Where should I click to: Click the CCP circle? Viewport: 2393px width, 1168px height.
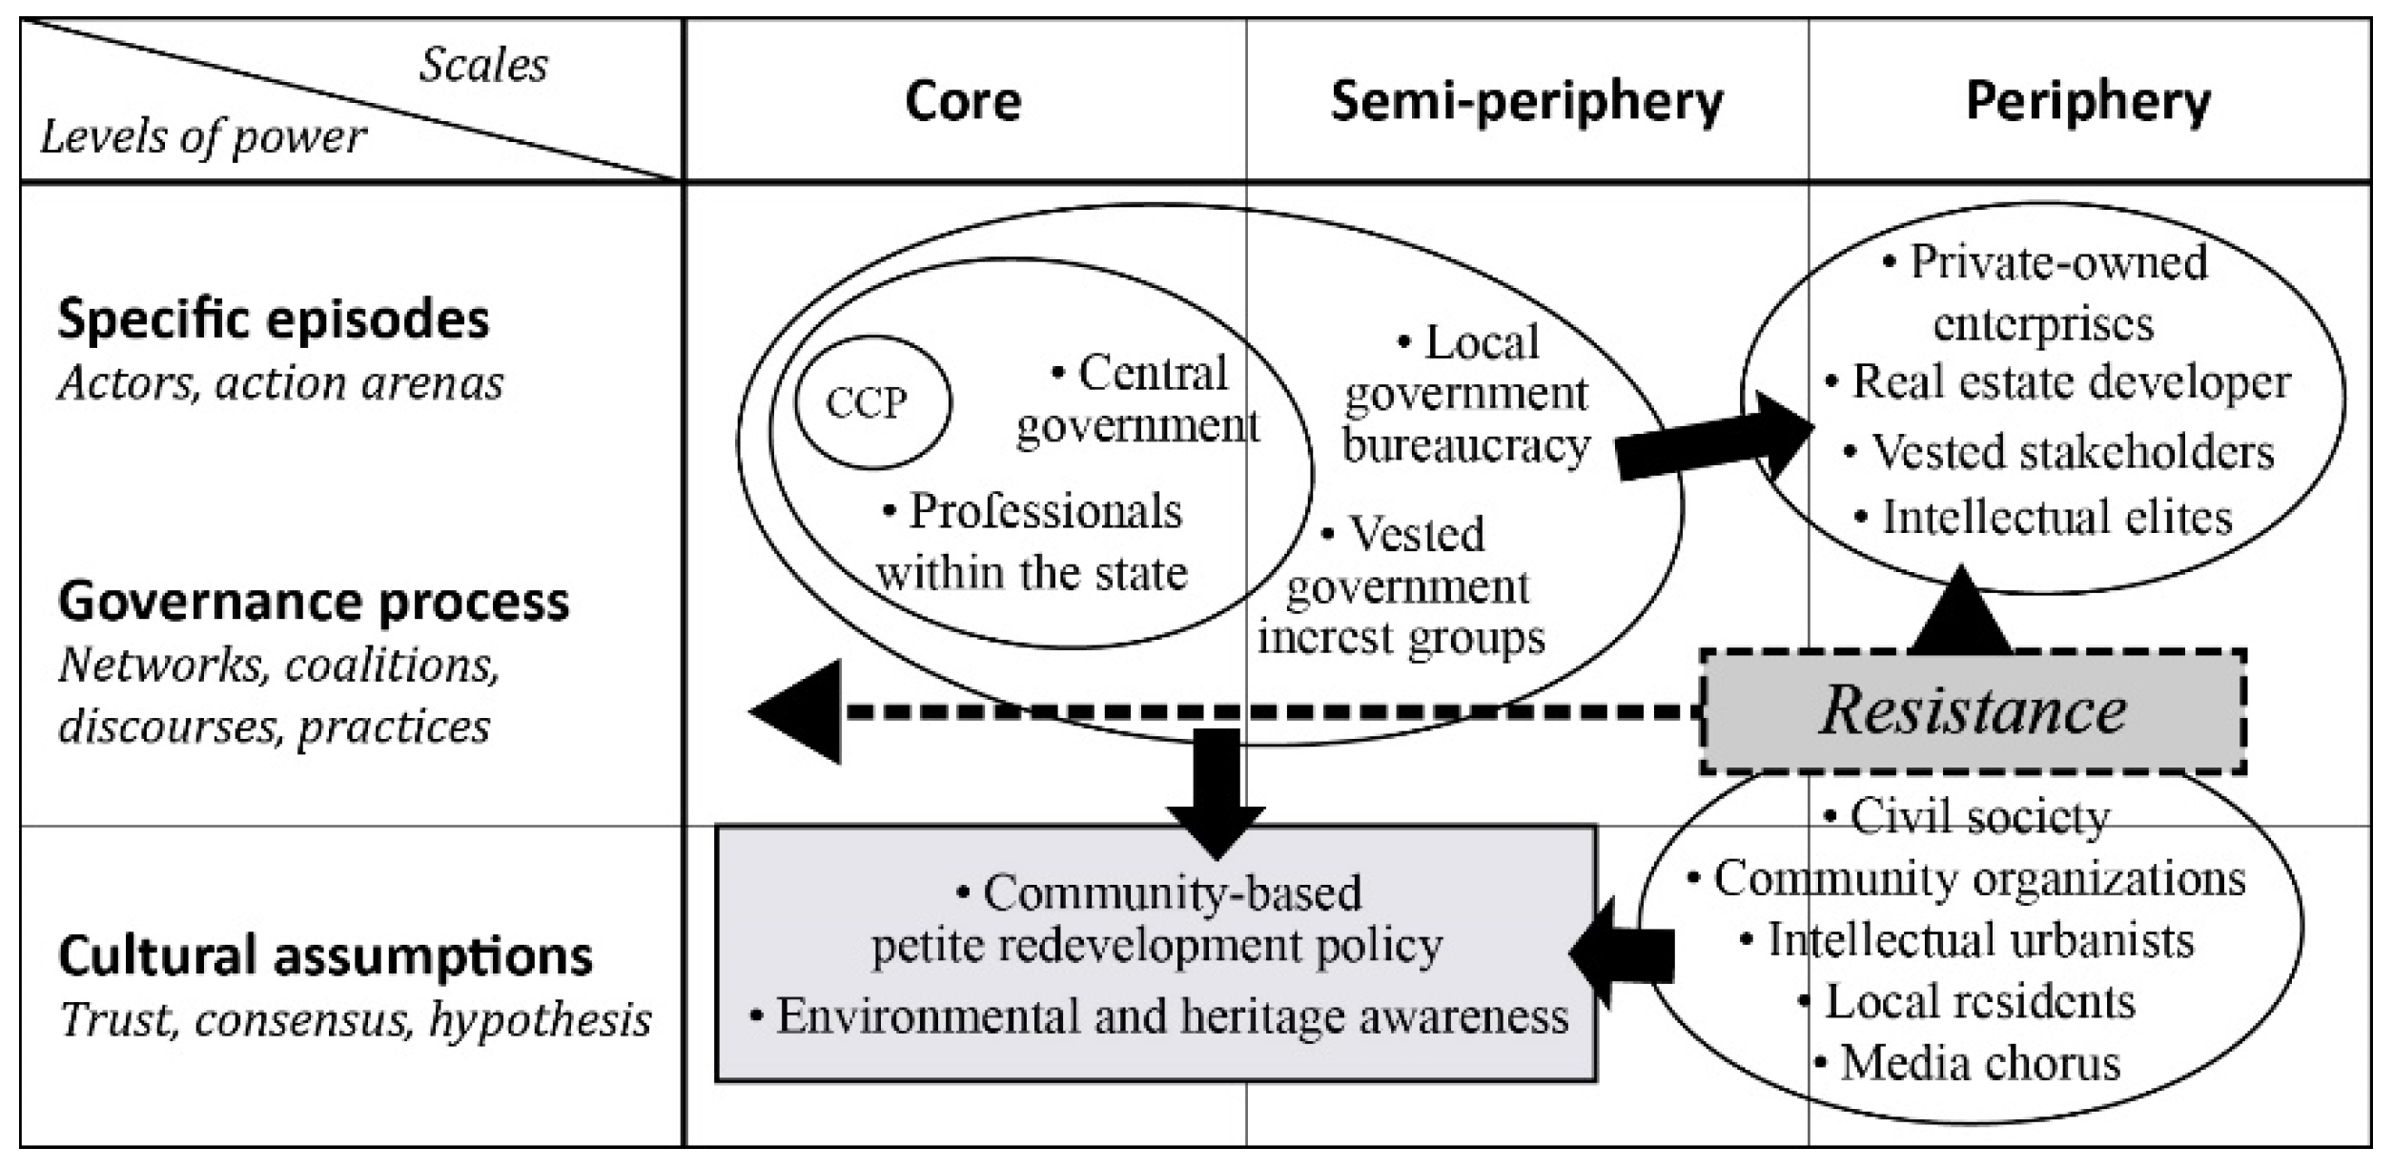click(871, 403)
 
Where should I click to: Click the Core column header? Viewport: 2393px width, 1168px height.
click(963, 101)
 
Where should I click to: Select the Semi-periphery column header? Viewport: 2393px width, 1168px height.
click(1526, 101)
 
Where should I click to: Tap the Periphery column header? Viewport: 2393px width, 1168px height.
click(2088, 101)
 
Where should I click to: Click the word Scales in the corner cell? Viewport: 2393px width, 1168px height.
click(483, 65)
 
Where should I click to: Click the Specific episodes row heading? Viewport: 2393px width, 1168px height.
click(274, 318)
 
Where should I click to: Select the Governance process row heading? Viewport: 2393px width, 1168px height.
click(314, 602)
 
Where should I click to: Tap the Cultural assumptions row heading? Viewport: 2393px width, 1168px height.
click(325, 955)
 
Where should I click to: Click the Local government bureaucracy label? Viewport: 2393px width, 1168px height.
click(1466, 394)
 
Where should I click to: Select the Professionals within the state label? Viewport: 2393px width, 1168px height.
click(1033, 542)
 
